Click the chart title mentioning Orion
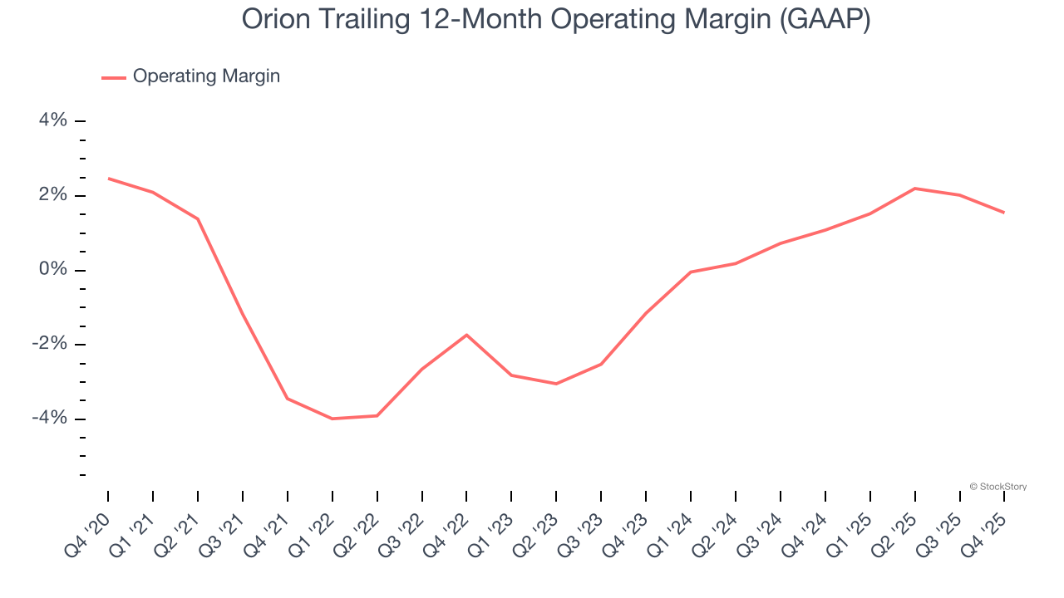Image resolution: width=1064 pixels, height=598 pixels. pyautogui.click(x=556, y=19)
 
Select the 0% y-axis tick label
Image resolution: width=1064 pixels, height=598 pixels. pyautogui.click(x=53, y=270)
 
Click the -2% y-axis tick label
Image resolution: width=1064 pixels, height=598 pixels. pyautogui.click(x=49, y=344)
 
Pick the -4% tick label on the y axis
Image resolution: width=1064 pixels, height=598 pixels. pyautogui.click(x=49, y=418)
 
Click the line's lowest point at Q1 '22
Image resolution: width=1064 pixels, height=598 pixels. pyautogui.click(x=332, y=419)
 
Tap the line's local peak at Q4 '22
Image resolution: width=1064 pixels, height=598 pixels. pyautogui.click(x=466, y=335)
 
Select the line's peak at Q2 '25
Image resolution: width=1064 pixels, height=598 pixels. pyautogui.click(x=914, y=189)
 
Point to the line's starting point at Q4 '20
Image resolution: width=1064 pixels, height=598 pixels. pyautogui.click(x=108, y=179)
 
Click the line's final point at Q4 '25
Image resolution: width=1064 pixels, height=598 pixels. pyautogui.click(x=1004, y=213)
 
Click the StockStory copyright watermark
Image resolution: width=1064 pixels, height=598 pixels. pyautogui.click(x=998, y=487)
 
